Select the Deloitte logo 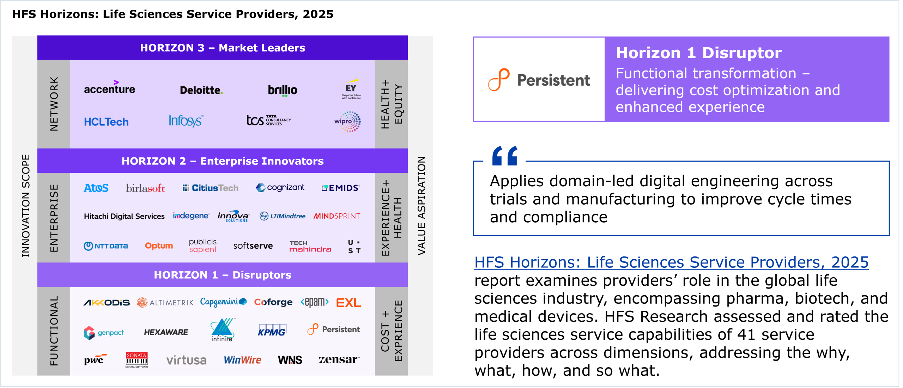(x=201, y=90)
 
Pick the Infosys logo (x=186, y=121)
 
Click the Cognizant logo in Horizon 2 (x=280, y=188)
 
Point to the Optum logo (x=159, y=246)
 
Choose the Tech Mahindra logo (x=310, y=247)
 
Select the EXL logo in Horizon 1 (x=349, y=303)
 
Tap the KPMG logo (x=272, y=331)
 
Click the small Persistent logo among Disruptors (x=333, y=329)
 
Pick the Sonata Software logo (x=137, y=360)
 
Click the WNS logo (x=290, y=360)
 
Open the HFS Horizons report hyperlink (x=671, y=262)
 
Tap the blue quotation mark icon (x=505, y=156)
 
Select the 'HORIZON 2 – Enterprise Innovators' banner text (x=223, y=161)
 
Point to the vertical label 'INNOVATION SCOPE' (x=25, y=206)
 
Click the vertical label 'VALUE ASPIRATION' (x=422, y=206)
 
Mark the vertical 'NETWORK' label (x=54, y=104)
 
